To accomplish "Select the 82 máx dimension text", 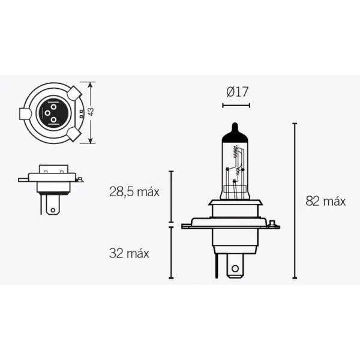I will pos(325,201).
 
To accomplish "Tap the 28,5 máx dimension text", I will pos(134,192).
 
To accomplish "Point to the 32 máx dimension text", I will pos(129,253).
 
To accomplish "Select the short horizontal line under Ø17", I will pos(235,105).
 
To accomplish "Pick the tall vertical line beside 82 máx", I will pos(295,201).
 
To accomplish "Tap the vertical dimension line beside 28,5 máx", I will pos(171,196).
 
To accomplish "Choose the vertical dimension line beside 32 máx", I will pos(171,253).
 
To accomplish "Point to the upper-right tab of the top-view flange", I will pos(74,93).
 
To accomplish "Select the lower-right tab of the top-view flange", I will pos(74,133).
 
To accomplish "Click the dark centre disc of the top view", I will pos(51,112).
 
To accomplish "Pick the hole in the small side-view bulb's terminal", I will pos(52,209).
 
